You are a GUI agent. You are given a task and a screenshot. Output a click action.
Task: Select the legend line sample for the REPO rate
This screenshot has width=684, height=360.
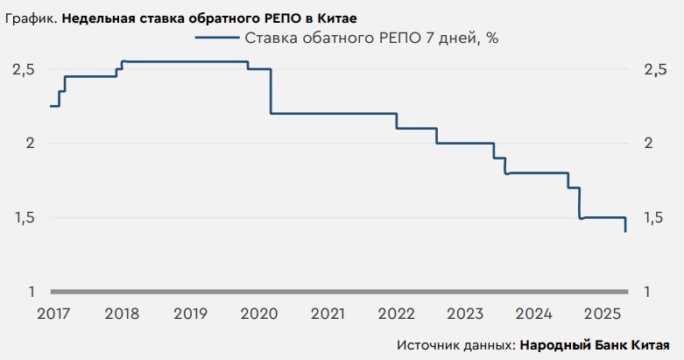[216, 38]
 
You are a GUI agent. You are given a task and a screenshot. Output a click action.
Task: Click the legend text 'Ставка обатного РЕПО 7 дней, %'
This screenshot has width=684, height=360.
[371, 38]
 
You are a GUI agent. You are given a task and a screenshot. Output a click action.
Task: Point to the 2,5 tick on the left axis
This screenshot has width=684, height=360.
[23, 69]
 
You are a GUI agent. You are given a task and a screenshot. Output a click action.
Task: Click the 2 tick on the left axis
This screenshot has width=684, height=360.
[29, 144]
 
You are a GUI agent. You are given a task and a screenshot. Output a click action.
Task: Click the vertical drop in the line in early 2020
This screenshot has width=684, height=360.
[270, 91]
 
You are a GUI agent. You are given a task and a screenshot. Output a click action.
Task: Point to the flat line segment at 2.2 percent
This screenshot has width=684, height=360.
[333, 113]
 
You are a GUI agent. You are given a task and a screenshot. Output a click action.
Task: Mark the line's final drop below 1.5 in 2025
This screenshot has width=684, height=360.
[625, 225]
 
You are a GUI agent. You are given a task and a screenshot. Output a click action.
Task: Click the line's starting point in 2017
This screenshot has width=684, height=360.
[52, 106]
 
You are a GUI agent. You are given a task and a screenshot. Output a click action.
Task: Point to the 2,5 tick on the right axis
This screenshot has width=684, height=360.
[655, 69]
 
